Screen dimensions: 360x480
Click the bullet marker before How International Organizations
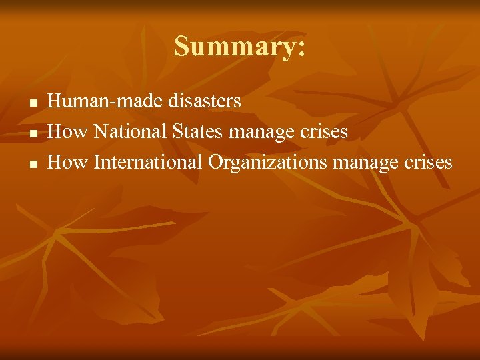point(32,164)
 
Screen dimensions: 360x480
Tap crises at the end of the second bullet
point(324,131)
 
